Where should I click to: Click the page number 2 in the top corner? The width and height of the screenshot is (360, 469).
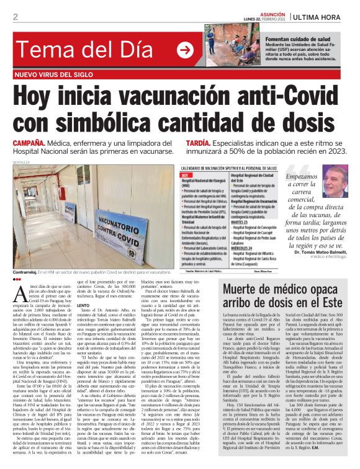(x=15, y=17)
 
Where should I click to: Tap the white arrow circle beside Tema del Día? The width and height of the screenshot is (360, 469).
(x=184, y=50)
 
